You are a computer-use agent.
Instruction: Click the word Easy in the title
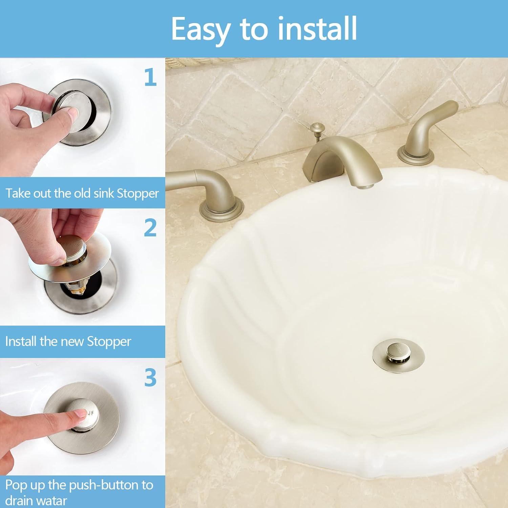pos(200,29)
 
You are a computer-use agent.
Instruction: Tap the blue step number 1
pos(150,77)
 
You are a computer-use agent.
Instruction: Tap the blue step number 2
pos(150,228)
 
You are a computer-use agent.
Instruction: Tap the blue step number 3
pos(150,378)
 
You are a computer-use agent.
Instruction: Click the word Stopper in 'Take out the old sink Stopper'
pos(137,194)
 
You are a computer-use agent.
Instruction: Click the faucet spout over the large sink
pos(342,159)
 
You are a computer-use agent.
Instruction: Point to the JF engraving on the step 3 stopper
pos(91,413)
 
